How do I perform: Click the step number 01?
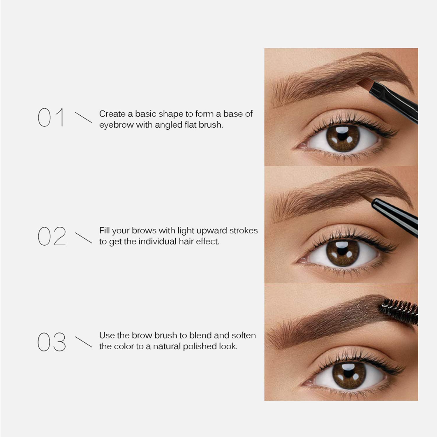click(51, 117)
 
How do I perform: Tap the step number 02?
click(52, 236)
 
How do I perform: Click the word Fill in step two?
click(104, 230)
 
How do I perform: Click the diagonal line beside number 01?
click(83, 117)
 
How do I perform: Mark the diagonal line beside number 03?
click(84, 342)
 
